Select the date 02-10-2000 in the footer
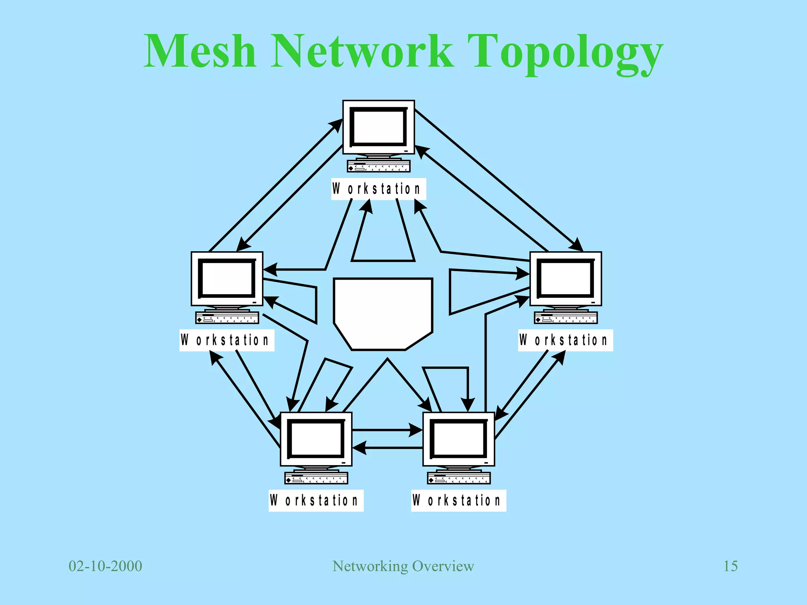click(105, 566)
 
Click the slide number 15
click(730, 566)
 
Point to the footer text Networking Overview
click(403, 566)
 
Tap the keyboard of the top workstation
click(378, 166)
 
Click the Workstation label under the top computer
click(378, 189)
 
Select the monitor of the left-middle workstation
click(227, 278)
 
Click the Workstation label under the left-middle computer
click(227, 340)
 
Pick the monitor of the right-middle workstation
click(565, 278)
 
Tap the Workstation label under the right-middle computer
click(565, 340)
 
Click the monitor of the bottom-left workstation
click(316, 439)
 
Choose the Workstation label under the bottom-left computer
click(316, 501)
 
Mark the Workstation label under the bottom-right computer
click(458, 501)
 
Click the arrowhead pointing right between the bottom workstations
click(416, 430)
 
